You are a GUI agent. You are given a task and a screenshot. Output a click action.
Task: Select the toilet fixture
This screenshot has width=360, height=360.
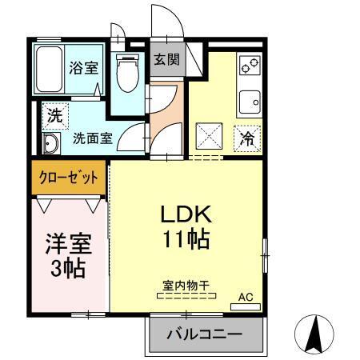pos(127,73)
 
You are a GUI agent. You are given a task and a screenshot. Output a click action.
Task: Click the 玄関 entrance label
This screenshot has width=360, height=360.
pos(166,59)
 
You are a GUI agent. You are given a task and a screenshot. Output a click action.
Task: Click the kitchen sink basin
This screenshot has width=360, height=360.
pos(250,102)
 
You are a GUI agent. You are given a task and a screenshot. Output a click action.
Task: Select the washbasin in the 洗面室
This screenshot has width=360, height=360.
pos(51,144)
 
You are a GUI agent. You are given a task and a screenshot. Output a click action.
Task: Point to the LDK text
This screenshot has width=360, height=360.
pos(187,214)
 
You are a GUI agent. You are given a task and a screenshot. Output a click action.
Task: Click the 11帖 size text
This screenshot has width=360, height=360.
pos(187,239)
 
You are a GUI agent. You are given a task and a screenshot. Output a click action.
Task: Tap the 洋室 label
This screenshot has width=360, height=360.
pos(69,242)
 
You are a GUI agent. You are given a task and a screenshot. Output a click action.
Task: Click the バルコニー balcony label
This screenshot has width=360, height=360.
pos(204,334)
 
